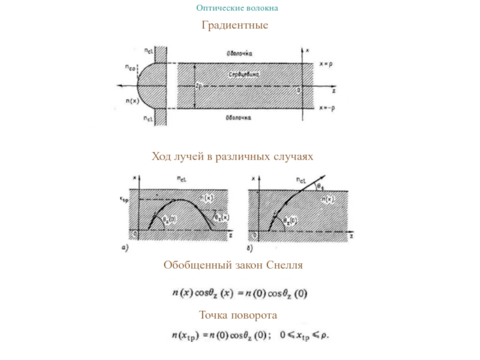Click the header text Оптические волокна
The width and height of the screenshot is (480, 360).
click(x=237, y=8)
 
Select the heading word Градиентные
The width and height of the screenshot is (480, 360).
click(x=235, y=26)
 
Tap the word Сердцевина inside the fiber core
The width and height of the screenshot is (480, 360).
click(x=244, y=74)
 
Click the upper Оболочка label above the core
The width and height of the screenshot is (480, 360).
click(x=239, y=53)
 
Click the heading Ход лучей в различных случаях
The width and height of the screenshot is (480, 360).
click(x=233, y=157)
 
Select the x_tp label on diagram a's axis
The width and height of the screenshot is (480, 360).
click(x=124, y=196)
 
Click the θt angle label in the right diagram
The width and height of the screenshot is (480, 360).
click(x=320, y=187)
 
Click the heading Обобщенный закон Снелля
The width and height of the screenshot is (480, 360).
click(x=233, y=265)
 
